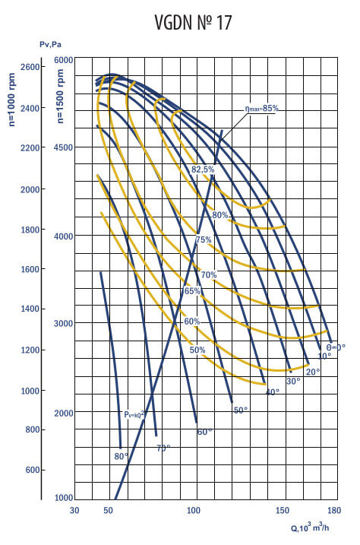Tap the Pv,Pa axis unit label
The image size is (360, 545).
click(51, 45)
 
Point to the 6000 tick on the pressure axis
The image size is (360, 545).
click(62, 60)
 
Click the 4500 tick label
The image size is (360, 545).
click(62, 147)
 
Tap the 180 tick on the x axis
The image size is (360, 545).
click(331, 511)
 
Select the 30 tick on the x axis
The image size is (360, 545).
click(74, 511)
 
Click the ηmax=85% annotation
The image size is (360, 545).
click(261, 109)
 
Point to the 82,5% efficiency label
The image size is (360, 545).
click(203, 169)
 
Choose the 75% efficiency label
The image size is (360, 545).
click(204, 239)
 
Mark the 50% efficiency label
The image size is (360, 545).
click(197, 350)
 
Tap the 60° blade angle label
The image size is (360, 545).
click(204, 432)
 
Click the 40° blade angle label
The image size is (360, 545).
click(272, 391)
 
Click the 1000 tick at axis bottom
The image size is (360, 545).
click(62, 498)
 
